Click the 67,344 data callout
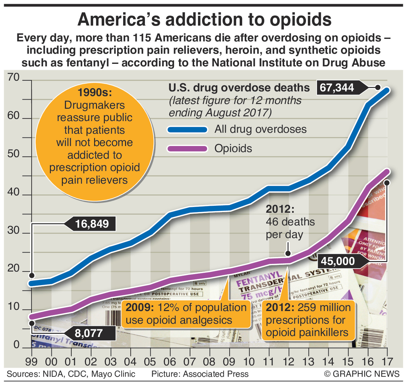click(337, 88)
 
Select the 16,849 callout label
click(92, 224)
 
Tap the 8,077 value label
click(89, 333)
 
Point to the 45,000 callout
click(338, 261)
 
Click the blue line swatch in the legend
click(187, 129)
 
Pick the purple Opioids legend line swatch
click(187, 149)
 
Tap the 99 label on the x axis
click(32, 361)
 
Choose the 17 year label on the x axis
click(387, 361)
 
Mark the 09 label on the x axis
click(229, 361)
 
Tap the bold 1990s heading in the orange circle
click(95, 92)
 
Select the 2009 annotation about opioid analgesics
click(186, 314)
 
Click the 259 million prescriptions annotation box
click(308, 320)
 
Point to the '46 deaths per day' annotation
click(290, 222)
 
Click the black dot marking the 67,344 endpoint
click(378, 88)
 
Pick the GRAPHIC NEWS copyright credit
click(362, 374)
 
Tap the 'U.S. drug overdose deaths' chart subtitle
click(239, 88)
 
